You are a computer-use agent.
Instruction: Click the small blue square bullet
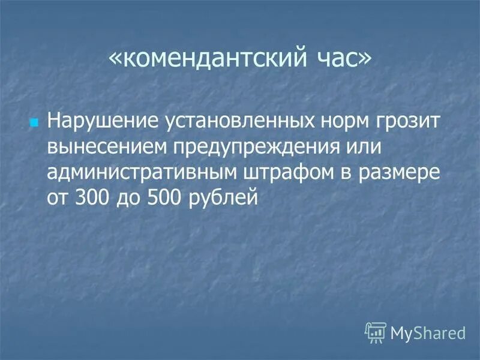pos(34,122)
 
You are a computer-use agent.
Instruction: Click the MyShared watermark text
pos(428,332)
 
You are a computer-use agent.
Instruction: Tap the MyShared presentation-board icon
pos(375,332)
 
